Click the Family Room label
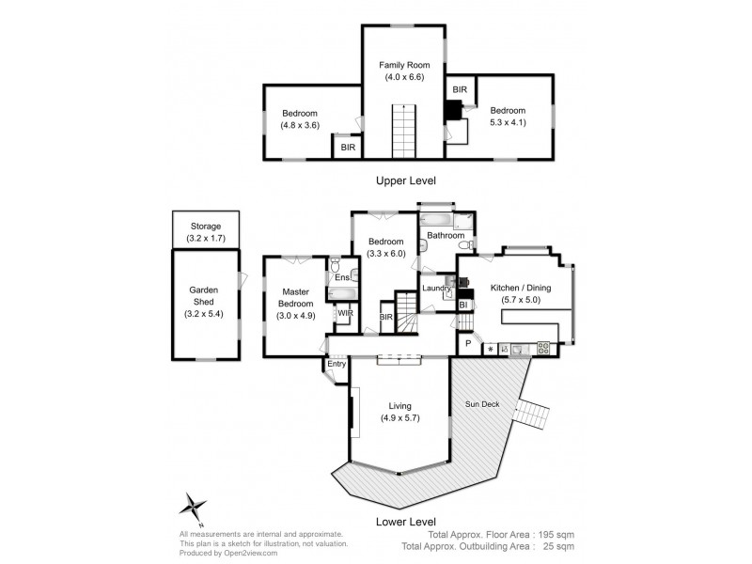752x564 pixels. pos(402,65)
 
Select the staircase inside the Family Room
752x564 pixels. pos(402,132)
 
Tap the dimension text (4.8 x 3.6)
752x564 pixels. pos(301,124)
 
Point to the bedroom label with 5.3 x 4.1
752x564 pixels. pos(509,108)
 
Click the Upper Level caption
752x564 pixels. pos(405,180)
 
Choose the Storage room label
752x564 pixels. pos(205,227)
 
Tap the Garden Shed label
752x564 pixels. pos(205,297)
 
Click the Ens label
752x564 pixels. pos(340,277)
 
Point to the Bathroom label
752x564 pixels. pos(446,235)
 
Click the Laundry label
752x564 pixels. pos(435,289)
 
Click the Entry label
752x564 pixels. pos(337,365)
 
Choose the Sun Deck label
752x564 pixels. pos(483,404)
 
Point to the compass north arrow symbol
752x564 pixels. pos(195,508)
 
